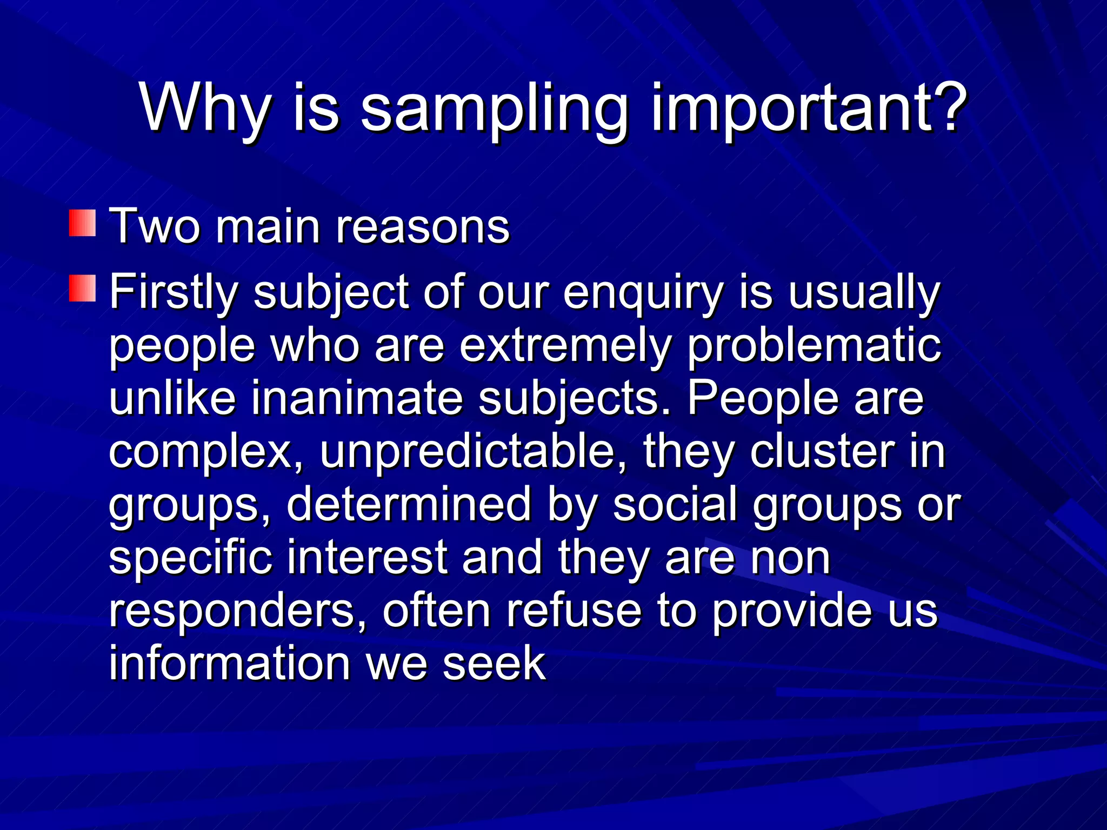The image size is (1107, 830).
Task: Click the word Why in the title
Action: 205,109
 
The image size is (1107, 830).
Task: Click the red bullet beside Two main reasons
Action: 83,224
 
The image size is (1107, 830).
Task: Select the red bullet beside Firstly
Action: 83,288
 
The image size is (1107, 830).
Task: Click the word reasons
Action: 423,227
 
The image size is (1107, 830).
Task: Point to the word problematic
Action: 814,346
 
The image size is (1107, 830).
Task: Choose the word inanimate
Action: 357,398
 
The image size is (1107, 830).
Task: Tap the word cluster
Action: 822,451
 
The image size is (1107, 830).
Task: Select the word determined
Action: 409,504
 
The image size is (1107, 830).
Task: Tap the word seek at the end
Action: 494,663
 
